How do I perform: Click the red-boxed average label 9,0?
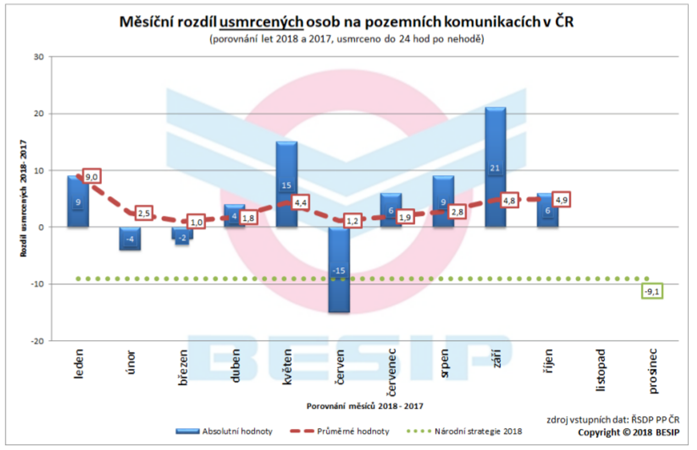point(91,176)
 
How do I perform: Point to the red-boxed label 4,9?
point(561,200)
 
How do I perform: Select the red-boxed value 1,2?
point(352,221)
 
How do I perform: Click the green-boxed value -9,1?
point(652,291)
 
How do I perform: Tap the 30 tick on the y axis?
point(39,57)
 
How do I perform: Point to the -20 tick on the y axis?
point(37,341)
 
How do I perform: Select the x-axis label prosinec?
point(653,371)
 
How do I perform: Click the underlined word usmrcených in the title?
point(261,22)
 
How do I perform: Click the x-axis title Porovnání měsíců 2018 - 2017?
point(365,406)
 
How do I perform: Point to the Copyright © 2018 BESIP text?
point(628,433)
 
